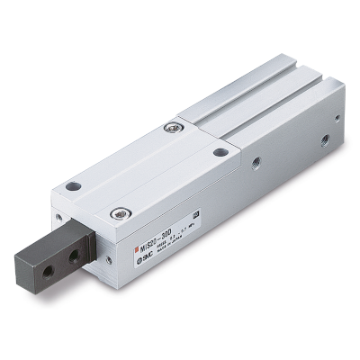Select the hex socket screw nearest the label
point(116,214)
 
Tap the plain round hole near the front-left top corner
point(74,186)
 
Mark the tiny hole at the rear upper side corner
point(336,116)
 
